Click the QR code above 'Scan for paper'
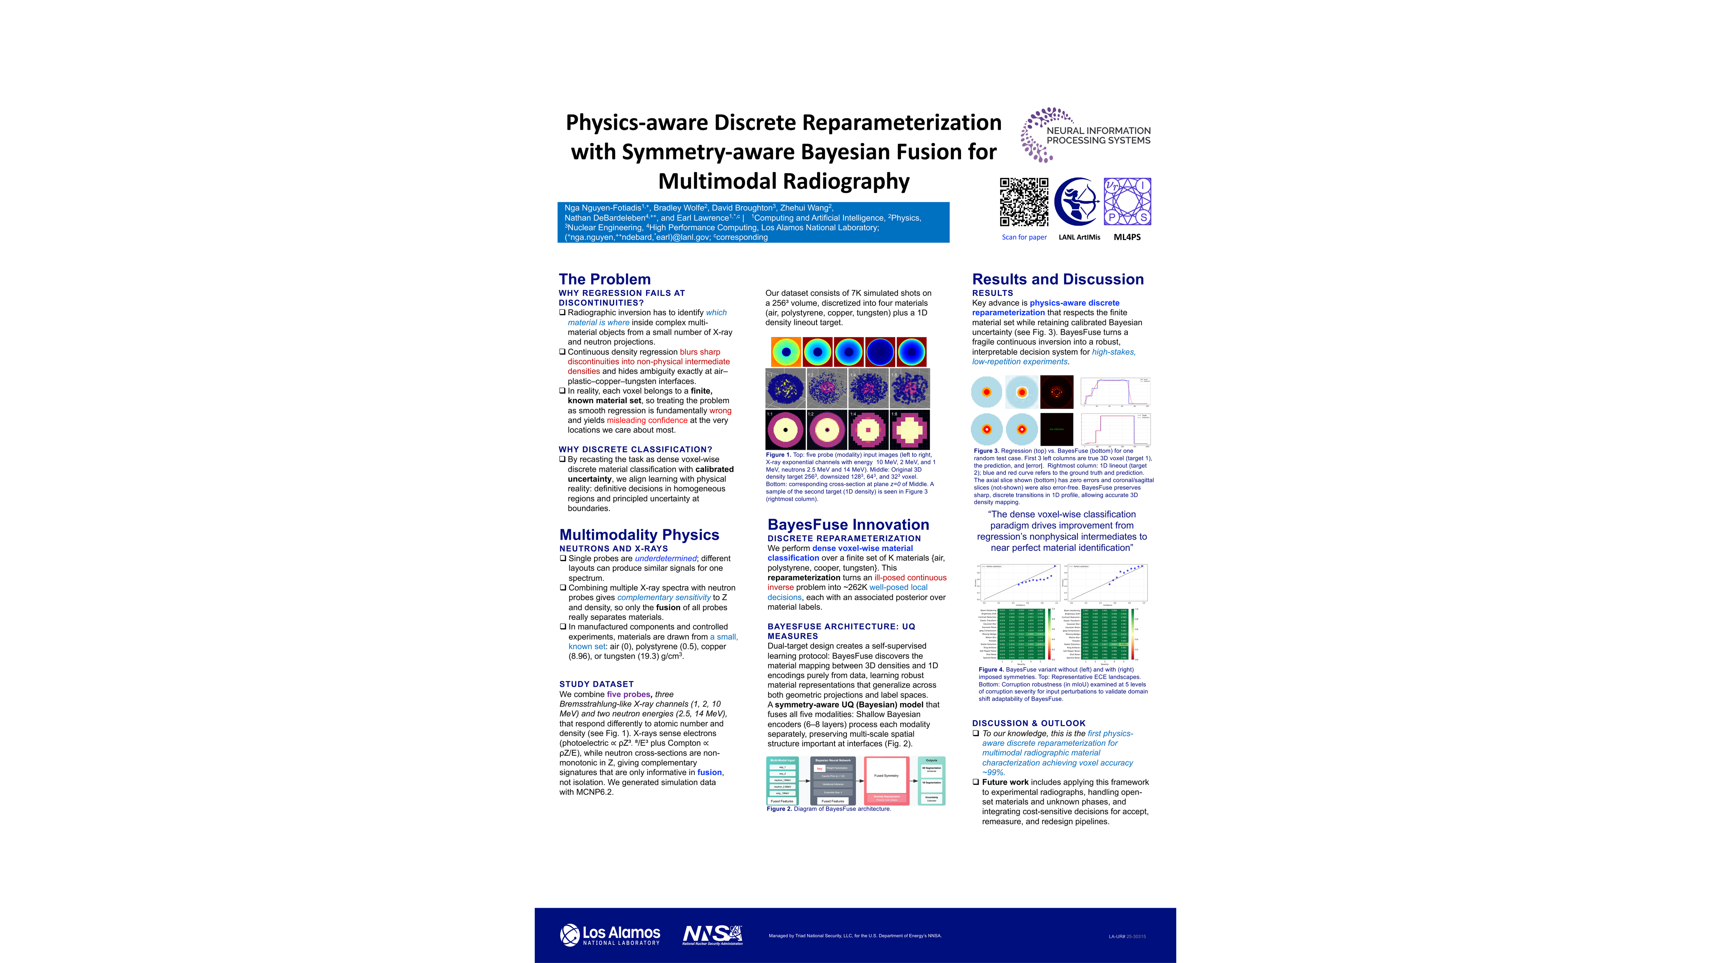coord(1024,202)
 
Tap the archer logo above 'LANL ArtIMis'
coord(1079,202)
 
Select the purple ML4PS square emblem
coord(1127,202)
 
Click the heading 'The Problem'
coord(605,279)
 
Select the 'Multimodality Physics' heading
coord(639,535)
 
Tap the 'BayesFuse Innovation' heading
coord(848,525)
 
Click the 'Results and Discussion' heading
coord(1057,279)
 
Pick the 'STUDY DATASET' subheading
coord(597,684)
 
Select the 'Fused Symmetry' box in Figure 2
coord(886,776)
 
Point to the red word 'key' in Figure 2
coord(820,768)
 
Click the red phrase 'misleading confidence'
coord(647,420)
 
